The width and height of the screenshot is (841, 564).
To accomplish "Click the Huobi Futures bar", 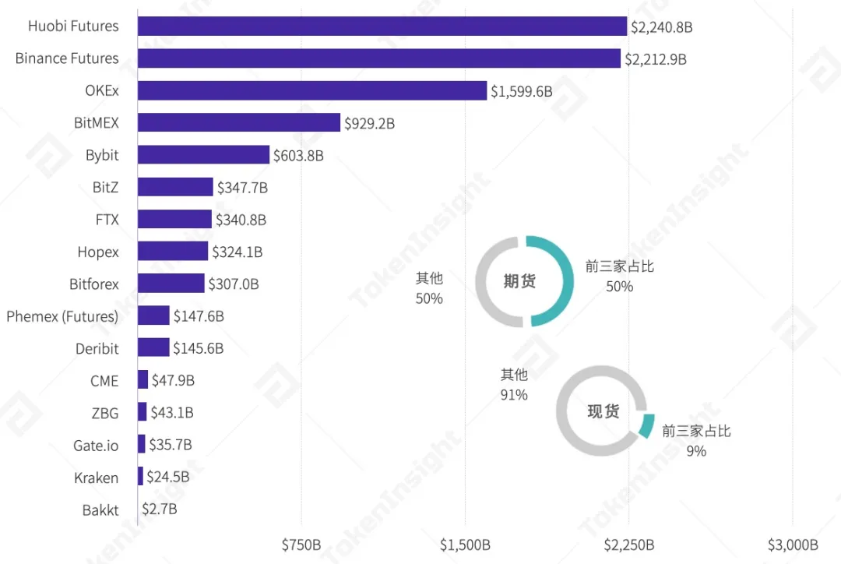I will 382,26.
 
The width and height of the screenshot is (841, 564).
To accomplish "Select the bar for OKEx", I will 312,91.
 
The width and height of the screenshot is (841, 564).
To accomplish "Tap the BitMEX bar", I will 239,123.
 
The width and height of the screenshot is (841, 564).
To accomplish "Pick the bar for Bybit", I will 203,155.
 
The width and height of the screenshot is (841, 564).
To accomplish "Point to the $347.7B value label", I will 242,188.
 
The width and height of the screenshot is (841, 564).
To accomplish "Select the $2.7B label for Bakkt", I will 160,510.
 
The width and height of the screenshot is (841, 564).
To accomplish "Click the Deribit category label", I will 97,349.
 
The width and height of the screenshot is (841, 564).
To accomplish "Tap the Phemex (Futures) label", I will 62,316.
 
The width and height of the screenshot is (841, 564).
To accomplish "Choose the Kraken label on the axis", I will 97,478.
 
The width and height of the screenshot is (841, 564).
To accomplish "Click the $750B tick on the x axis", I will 301,545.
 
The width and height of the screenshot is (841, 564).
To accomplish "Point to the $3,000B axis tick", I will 793,545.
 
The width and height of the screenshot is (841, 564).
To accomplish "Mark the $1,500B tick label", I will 465,545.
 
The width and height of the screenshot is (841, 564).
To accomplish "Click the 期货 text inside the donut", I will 519,281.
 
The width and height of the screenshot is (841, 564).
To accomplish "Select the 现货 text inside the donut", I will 603,411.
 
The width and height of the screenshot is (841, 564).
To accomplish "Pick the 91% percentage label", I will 514,395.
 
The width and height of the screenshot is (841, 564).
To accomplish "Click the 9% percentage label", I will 696,451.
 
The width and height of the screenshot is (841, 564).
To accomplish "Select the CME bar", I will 143,380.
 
